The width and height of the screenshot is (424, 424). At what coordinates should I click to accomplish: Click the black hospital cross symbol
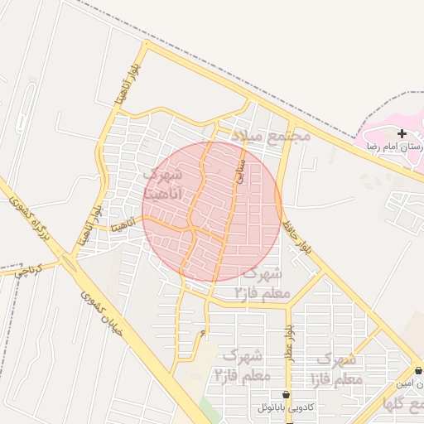[x=402, y=133]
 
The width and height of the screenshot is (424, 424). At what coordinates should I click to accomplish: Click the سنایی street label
[x=241, y=169]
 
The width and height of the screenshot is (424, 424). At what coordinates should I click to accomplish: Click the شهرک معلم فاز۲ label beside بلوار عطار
[x=241, y=364]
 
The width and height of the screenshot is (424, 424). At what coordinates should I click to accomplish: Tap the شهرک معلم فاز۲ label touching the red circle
[x=262, y=283]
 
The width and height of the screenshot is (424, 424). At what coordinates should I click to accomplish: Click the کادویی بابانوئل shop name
[x=286, y=408]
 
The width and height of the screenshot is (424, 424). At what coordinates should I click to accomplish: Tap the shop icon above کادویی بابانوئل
[x=287, y=395]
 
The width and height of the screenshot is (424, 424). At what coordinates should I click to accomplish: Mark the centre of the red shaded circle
[x=212, y=211]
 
